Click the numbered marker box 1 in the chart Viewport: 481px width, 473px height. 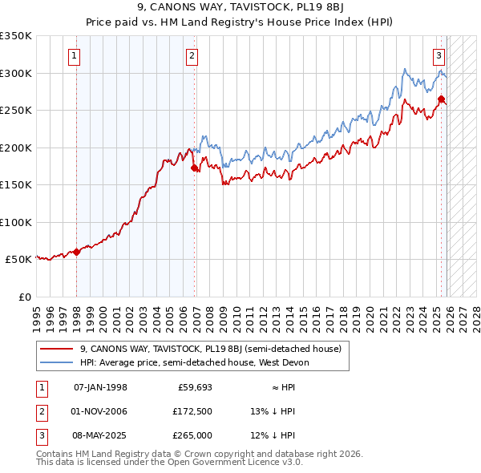click(74, 56)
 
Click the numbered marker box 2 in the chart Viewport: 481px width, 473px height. click(192, 56)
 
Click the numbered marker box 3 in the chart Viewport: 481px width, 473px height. click(439, 56)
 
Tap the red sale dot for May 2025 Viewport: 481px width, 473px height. click(441, 99)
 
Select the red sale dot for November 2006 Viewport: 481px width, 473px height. click(195, 168)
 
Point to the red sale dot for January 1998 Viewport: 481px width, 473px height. click(76, 252)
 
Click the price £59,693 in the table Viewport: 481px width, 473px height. click(194, 387)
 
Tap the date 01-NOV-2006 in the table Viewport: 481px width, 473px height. click(100, 411)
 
